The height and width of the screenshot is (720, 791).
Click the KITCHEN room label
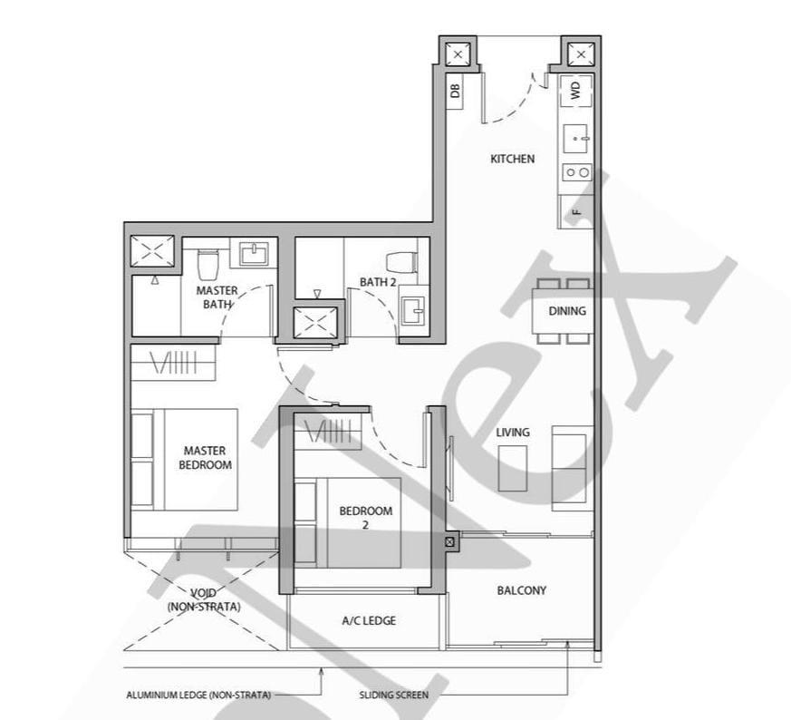pyautogui.click(x=512, y=159)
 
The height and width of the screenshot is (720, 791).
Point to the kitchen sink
pyautogui.click(x=576, y=141)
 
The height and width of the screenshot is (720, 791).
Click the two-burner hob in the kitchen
pyautogui.click(x=576, y=171)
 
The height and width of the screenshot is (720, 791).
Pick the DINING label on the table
pyautogui.click(x=567, y=311)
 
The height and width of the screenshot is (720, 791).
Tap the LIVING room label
pyautogui.click(x=513, y=433)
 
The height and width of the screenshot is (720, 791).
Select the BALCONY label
pyautogui.click(x=521, y=590)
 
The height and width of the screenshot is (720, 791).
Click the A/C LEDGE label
pyautogui.click(x=369, y=621)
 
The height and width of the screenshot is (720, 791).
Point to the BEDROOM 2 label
pyautogui.click(x=366, y=517)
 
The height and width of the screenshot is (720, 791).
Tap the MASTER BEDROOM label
pyautogui.click(x=205, y=457)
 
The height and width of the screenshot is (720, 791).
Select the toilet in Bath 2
pyautogui.click(x=400, y=261)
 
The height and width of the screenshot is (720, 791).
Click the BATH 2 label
pyautogui.click(x=378, y=282)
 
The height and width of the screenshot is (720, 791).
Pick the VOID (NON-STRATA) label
pyautogui.click(x=204, y=600)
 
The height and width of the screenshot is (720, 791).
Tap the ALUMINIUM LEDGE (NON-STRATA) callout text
pyautogui.click(x=198, y=696)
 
